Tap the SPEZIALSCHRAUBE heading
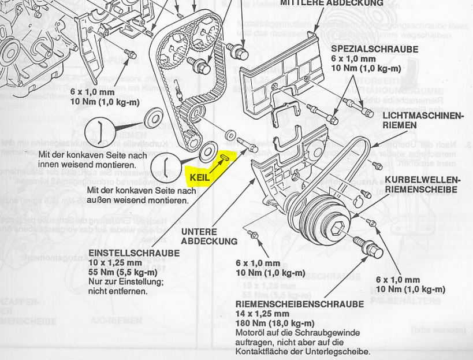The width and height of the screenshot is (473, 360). [374, 50]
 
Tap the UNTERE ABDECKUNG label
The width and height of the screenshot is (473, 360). [208, 236]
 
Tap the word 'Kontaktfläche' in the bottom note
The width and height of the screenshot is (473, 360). [262, 351]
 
